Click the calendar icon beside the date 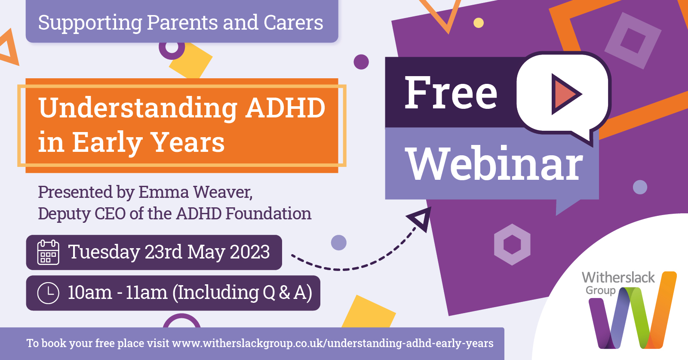coord(48,252)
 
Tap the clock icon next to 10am coord(48,293)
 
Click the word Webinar coord(495,163)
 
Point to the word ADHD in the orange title coord(286,108)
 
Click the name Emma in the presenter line coord(164,192)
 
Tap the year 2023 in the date coord(250,252)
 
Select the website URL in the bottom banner coord(333,343)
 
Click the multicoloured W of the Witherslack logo coord(633,310)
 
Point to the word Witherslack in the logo coord(618,277)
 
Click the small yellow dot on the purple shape coord(479,23)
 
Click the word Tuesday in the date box coord(104,252)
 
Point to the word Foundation coord(268,213)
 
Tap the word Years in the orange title coord(188,142)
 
